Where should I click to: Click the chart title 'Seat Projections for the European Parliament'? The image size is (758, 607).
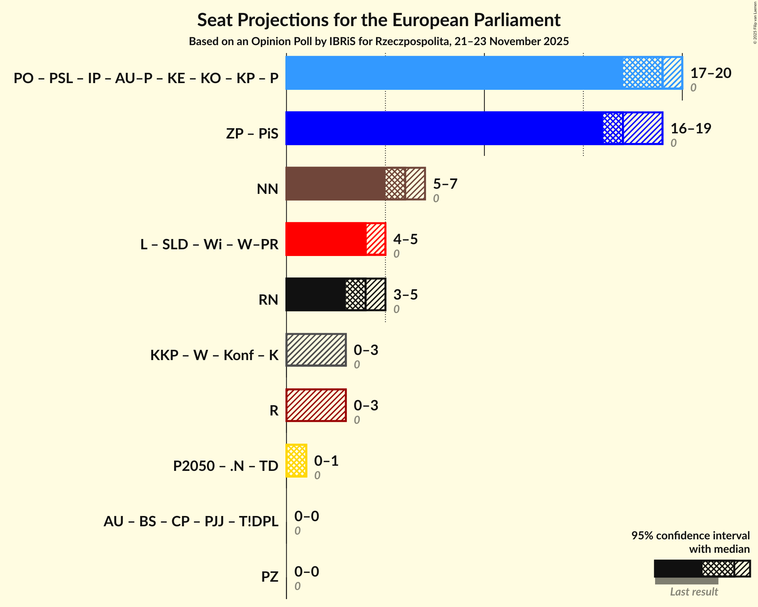point(379,20)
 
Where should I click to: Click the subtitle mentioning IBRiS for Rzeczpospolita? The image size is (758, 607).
point(379,41)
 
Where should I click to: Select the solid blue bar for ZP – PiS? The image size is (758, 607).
point(443,128)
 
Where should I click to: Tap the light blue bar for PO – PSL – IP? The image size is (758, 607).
point(453,73)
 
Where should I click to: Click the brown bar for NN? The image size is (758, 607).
point(335,184)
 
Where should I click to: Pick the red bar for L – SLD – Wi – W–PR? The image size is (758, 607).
point(326,239)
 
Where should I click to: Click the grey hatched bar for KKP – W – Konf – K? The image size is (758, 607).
point(316,350)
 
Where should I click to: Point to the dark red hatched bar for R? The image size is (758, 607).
point(316,405)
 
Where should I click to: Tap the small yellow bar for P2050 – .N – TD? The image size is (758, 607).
point(296,461)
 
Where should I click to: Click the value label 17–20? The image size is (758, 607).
point(711,73)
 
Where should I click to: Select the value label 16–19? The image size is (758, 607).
point(691,129)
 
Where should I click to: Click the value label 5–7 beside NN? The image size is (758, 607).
point(445,184)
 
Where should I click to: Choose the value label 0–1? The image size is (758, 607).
point(326,461)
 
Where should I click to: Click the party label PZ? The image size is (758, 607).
point(270,577)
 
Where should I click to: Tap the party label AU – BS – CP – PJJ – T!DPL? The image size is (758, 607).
point(191,521)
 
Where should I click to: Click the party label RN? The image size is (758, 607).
point(268,300)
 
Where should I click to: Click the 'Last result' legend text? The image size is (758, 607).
point(693,592)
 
